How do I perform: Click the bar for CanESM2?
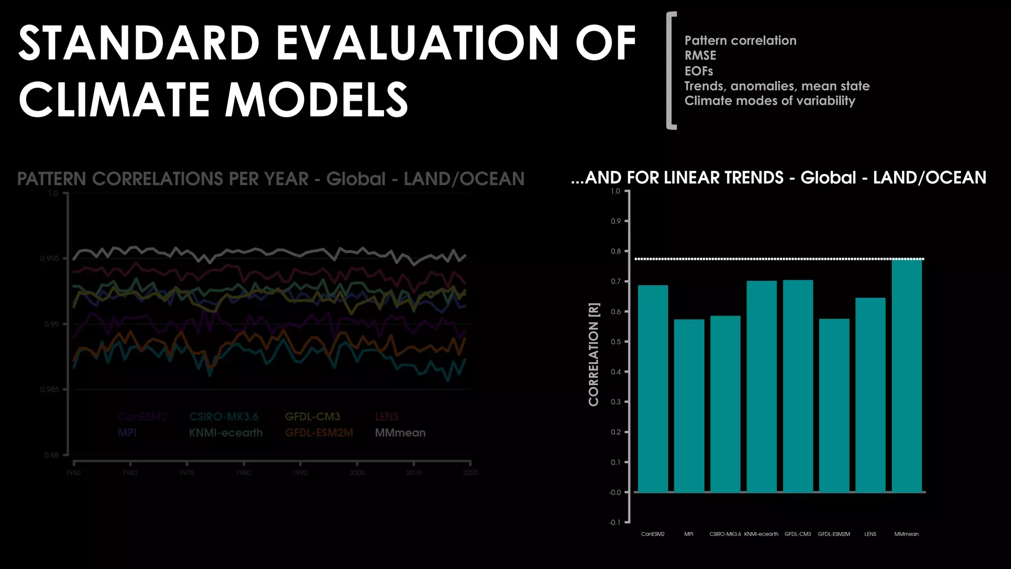click(653, 389)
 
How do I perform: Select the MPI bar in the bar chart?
click(689, 406)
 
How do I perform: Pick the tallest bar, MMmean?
click(907, 375)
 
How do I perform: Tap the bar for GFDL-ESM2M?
click(834, 406)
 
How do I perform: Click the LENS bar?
click(870, 395)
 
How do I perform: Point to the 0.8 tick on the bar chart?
click(616, 251)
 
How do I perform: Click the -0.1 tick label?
click(615, 523)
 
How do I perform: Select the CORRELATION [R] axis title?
click(594, 355)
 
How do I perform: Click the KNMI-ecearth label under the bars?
click(761, 534)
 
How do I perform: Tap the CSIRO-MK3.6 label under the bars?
click(725, 534)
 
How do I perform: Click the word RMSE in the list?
click(700, 56)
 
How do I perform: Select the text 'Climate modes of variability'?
click(770, 101)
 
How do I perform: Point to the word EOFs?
click(699, 71)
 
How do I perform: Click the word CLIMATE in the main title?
click(114, 100)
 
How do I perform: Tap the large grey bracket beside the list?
click(670, 71)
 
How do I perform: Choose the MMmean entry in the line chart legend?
click(400, 433)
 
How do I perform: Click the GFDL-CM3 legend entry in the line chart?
click(312, 417)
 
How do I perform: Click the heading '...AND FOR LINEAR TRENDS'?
click(677, 178)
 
